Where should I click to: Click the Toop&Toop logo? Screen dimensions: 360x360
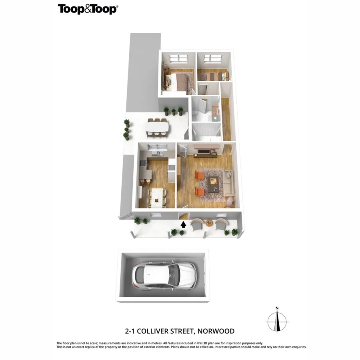(x=88, y=9)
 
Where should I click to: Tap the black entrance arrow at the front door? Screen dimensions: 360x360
(x=183, y=224)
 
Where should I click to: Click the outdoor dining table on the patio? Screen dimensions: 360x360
(x=157, y=128)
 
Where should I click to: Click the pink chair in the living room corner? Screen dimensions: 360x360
(x=230, y=202)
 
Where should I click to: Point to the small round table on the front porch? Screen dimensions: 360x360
(x=209, y=222)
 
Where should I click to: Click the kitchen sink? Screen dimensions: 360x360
(x=158, y=152)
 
